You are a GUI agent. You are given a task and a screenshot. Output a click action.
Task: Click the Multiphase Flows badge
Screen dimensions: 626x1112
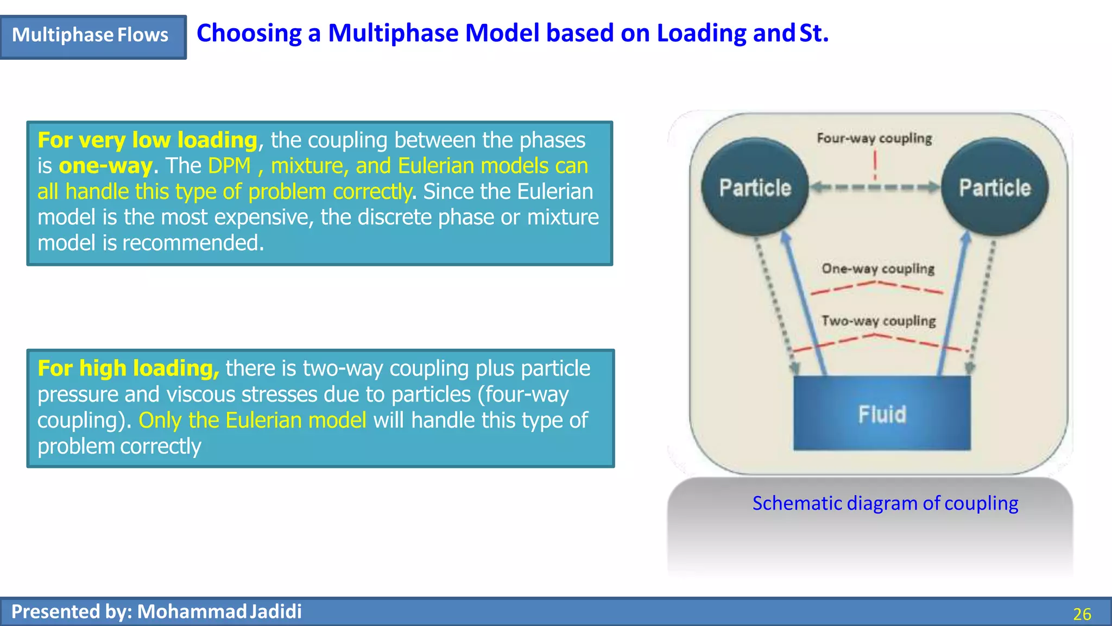point(91,36)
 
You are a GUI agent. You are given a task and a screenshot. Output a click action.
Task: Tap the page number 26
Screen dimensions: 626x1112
point(1082,614)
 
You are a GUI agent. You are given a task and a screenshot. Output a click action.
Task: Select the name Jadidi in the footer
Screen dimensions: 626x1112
point(276,612)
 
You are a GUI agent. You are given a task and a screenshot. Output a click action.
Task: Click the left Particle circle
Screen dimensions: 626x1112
point(755,187)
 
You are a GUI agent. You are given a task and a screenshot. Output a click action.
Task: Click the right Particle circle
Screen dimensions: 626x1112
point(994,187)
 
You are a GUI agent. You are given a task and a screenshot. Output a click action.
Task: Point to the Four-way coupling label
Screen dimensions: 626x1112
point(874,139)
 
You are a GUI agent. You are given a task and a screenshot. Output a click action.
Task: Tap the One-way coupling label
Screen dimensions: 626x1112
point(878,268)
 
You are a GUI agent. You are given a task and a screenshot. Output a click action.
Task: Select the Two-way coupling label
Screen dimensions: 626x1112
point(879,321)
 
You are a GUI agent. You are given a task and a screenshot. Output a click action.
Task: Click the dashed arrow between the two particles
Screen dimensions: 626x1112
point(875,188)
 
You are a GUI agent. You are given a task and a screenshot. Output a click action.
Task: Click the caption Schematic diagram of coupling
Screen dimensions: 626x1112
point(885,503)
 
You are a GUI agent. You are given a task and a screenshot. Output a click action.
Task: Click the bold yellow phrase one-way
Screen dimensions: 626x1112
point(105,166)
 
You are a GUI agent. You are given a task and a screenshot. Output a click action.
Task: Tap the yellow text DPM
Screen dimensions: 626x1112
point(229,166)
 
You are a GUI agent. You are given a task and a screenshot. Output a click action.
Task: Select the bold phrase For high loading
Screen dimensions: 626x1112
point(128,368)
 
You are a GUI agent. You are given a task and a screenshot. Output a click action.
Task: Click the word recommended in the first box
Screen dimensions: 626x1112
point(193,243)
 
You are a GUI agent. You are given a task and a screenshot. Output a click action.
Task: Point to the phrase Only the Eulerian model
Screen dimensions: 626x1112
point(252,421)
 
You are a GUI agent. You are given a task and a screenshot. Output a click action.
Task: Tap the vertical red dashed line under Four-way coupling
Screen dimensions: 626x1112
point(875,165)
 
